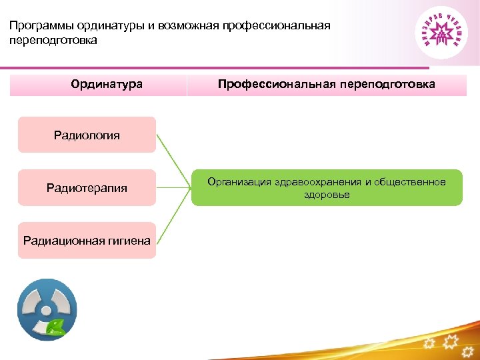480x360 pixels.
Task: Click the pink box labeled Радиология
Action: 87,135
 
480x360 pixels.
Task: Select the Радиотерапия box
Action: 87,188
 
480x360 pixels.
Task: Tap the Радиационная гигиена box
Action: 87,241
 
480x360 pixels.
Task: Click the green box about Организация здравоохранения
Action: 327,188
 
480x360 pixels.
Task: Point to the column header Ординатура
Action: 107,85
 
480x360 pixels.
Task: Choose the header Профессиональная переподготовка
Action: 327,85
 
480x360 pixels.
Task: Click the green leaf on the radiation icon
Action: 55,327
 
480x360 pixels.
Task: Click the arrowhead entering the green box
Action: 189,188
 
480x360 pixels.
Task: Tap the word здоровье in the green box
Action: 327,195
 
